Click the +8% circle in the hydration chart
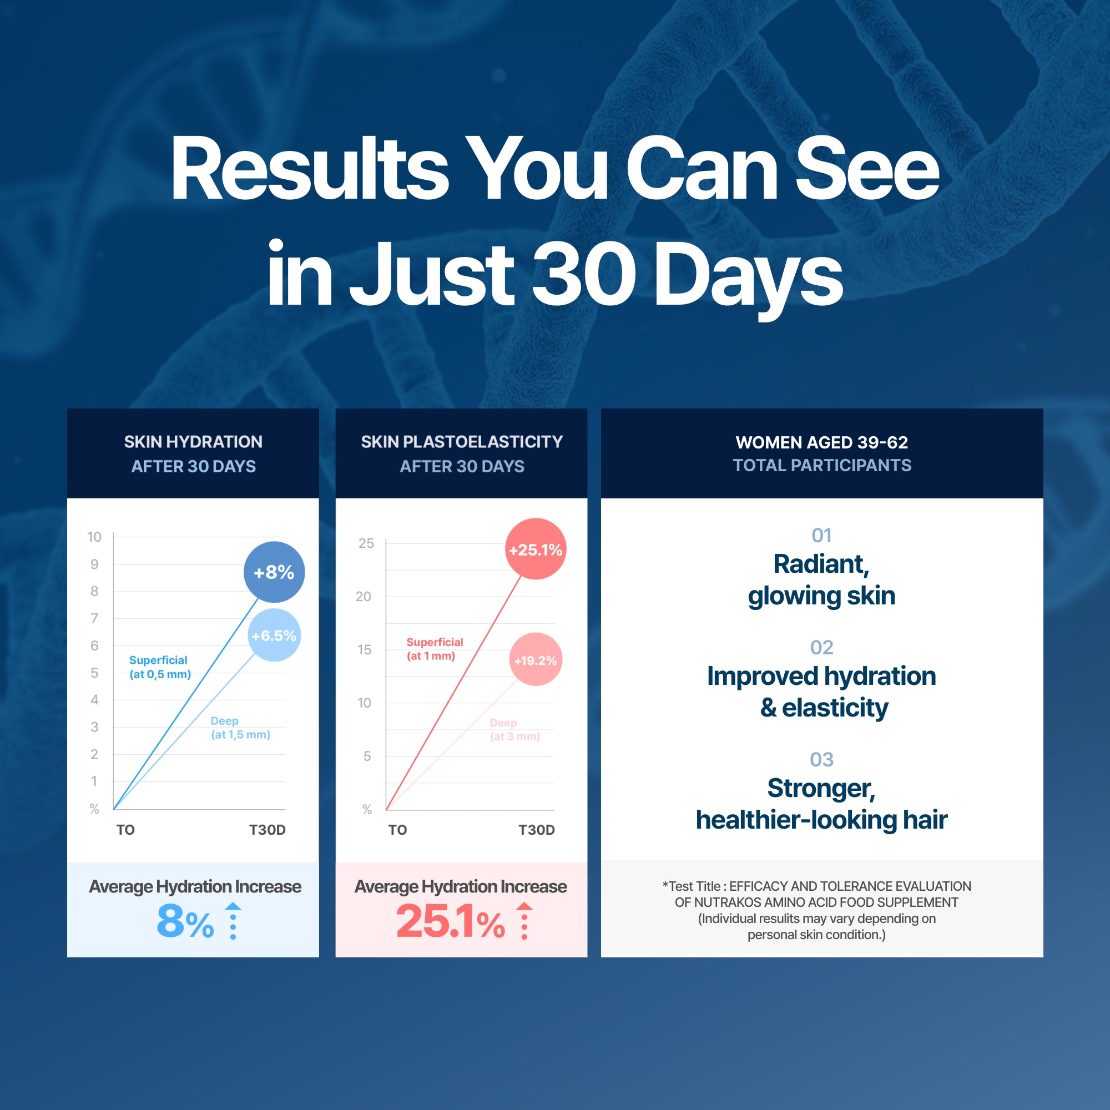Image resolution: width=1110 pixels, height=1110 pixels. click(274, 572)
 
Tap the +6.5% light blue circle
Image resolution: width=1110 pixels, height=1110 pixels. click(274, 635)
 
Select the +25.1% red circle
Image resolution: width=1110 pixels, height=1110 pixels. click(536, 549)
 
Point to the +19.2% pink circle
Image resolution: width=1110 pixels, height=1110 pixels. click(536, 659)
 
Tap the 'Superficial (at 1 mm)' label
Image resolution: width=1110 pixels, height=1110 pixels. click(435, 649)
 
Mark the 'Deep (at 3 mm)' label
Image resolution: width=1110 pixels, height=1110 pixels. click(515, 729)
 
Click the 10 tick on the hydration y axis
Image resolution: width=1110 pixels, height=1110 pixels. click(94, 537)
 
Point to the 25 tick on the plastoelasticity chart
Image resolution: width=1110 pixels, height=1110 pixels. click(366, 543)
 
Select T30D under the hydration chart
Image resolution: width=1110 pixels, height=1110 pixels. click(267, 830)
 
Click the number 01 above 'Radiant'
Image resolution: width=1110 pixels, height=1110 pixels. click(821, 535)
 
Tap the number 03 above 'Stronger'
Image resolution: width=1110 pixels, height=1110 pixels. click(821, 759)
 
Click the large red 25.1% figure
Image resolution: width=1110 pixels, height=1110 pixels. click(451, 920)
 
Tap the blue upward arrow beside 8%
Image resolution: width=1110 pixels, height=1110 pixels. click(233, 920)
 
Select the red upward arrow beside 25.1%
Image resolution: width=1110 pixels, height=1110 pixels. click(524, 920)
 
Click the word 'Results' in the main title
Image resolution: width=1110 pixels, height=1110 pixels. click(310, 168)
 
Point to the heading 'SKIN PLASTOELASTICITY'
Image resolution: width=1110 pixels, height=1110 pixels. click(462, 441)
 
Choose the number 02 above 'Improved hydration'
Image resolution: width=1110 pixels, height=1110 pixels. click(821, 647)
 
